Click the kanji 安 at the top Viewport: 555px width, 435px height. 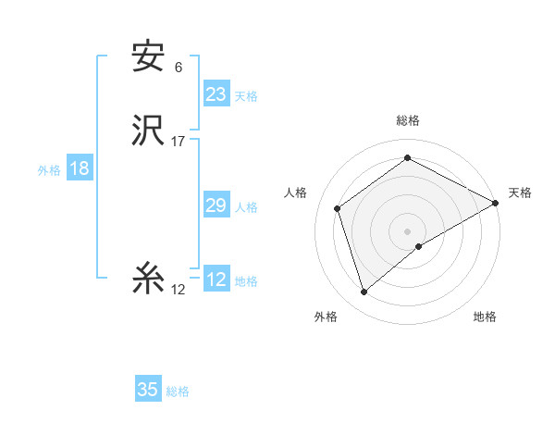pyautogui.click(x=148, y=58)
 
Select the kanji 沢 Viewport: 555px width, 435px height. pyautogui.click(x=148, y=132)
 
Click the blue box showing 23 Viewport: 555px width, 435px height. pyautogui.click(x=216, y=94)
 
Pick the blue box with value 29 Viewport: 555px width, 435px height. pyautogui.click(x=216, y=205)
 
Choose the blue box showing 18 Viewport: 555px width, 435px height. pyautogui.click(x=79, y=168)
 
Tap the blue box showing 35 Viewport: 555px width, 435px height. pyautogui.click(x=148, y=390)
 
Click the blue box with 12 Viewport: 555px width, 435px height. pyautogui.click(x=216, y=280)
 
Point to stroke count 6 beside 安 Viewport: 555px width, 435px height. pyautogui.click(x=179, y=68)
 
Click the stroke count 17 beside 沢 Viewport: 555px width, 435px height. pyautogui.click(x=179, y=142)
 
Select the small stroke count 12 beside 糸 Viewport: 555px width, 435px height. pyautogui.click(x=179, y=290)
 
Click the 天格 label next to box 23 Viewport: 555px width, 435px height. pyautogui.click(x=246, y=96)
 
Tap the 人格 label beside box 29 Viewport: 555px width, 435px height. pyautogui.click(x=246, y=207)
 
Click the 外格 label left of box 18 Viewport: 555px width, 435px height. pyautogui.click(x=49, y=170)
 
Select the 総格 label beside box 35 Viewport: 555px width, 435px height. pyautogui.click(x=178, y=391)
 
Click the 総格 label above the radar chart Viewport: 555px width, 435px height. pyautogui.click(x=408, y=120)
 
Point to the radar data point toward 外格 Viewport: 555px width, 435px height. pyautogui.click(x=364, y=292)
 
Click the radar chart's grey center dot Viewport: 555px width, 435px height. pyautogui.click(x=408, y=231)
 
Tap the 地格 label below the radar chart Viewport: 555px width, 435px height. pyautogui.click(x=485, y=317)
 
